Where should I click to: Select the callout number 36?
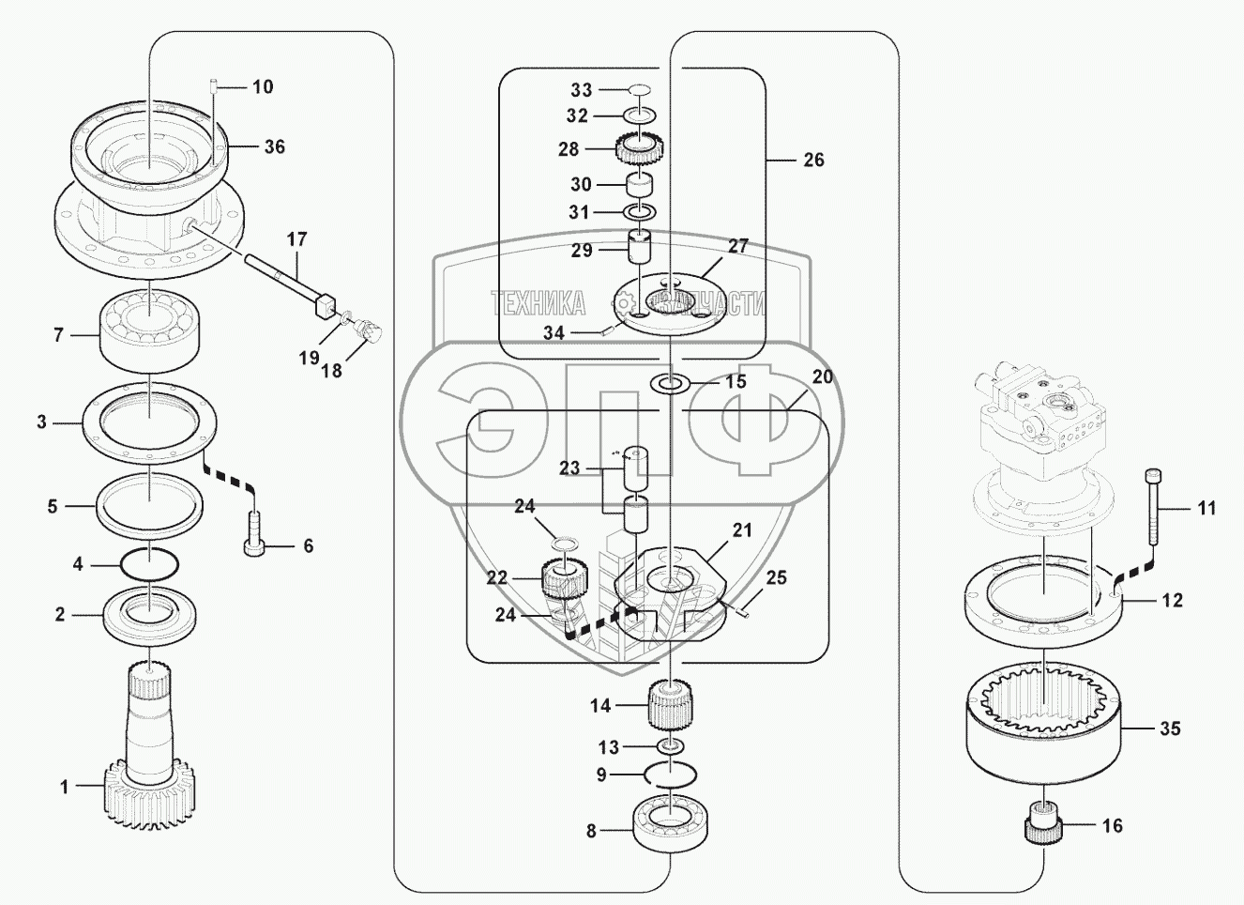274,146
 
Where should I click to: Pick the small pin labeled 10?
214,85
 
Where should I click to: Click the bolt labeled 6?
253,535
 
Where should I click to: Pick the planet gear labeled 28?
641,148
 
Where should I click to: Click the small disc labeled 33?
640,89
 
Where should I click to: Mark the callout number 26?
813,160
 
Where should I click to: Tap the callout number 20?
822,376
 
